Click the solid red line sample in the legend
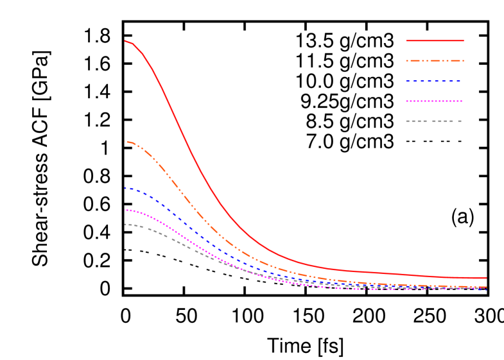pyautogui.click(x=435, y=40)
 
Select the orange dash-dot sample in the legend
pyautogui.click(x=435, y=61)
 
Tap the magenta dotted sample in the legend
pyautogui.click(x=434, y=101)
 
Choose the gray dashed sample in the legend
pyautogui.click(x=434, y=121)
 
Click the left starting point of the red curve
pyautogui.click(x=125, y=41)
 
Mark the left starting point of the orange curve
pyautogui.click(x=125, y=142)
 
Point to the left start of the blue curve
pyautogui.click(x=125, y=188)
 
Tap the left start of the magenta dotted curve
pyautogui.click(x=125, y=210)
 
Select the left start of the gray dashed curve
pyautogui.click(x=125, y=225)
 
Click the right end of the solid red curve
pyautogui.click(x=485, y=278)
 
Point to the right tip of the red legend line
pyautogui.click(x=463, y=40)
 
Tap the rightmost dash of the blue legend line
pyautogui.click(x=458, y=81)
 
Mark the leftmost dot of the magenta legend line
pyautogui.click(x=407, y=101)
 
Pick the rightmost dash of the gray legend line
pyautogui.click(x=458, y=121)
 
